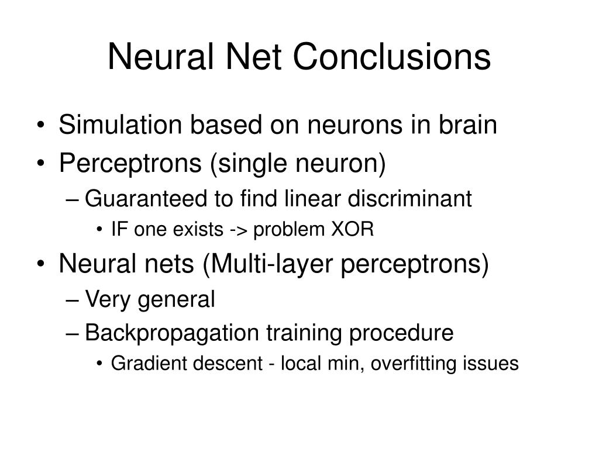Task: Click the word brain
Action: pyautogui.click(x=468, y=125)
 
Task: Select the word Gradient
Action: pyautogui.click(x=144, y=364)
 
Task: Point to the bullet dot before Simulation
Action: pyautogui.click(x=46, y=126)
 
